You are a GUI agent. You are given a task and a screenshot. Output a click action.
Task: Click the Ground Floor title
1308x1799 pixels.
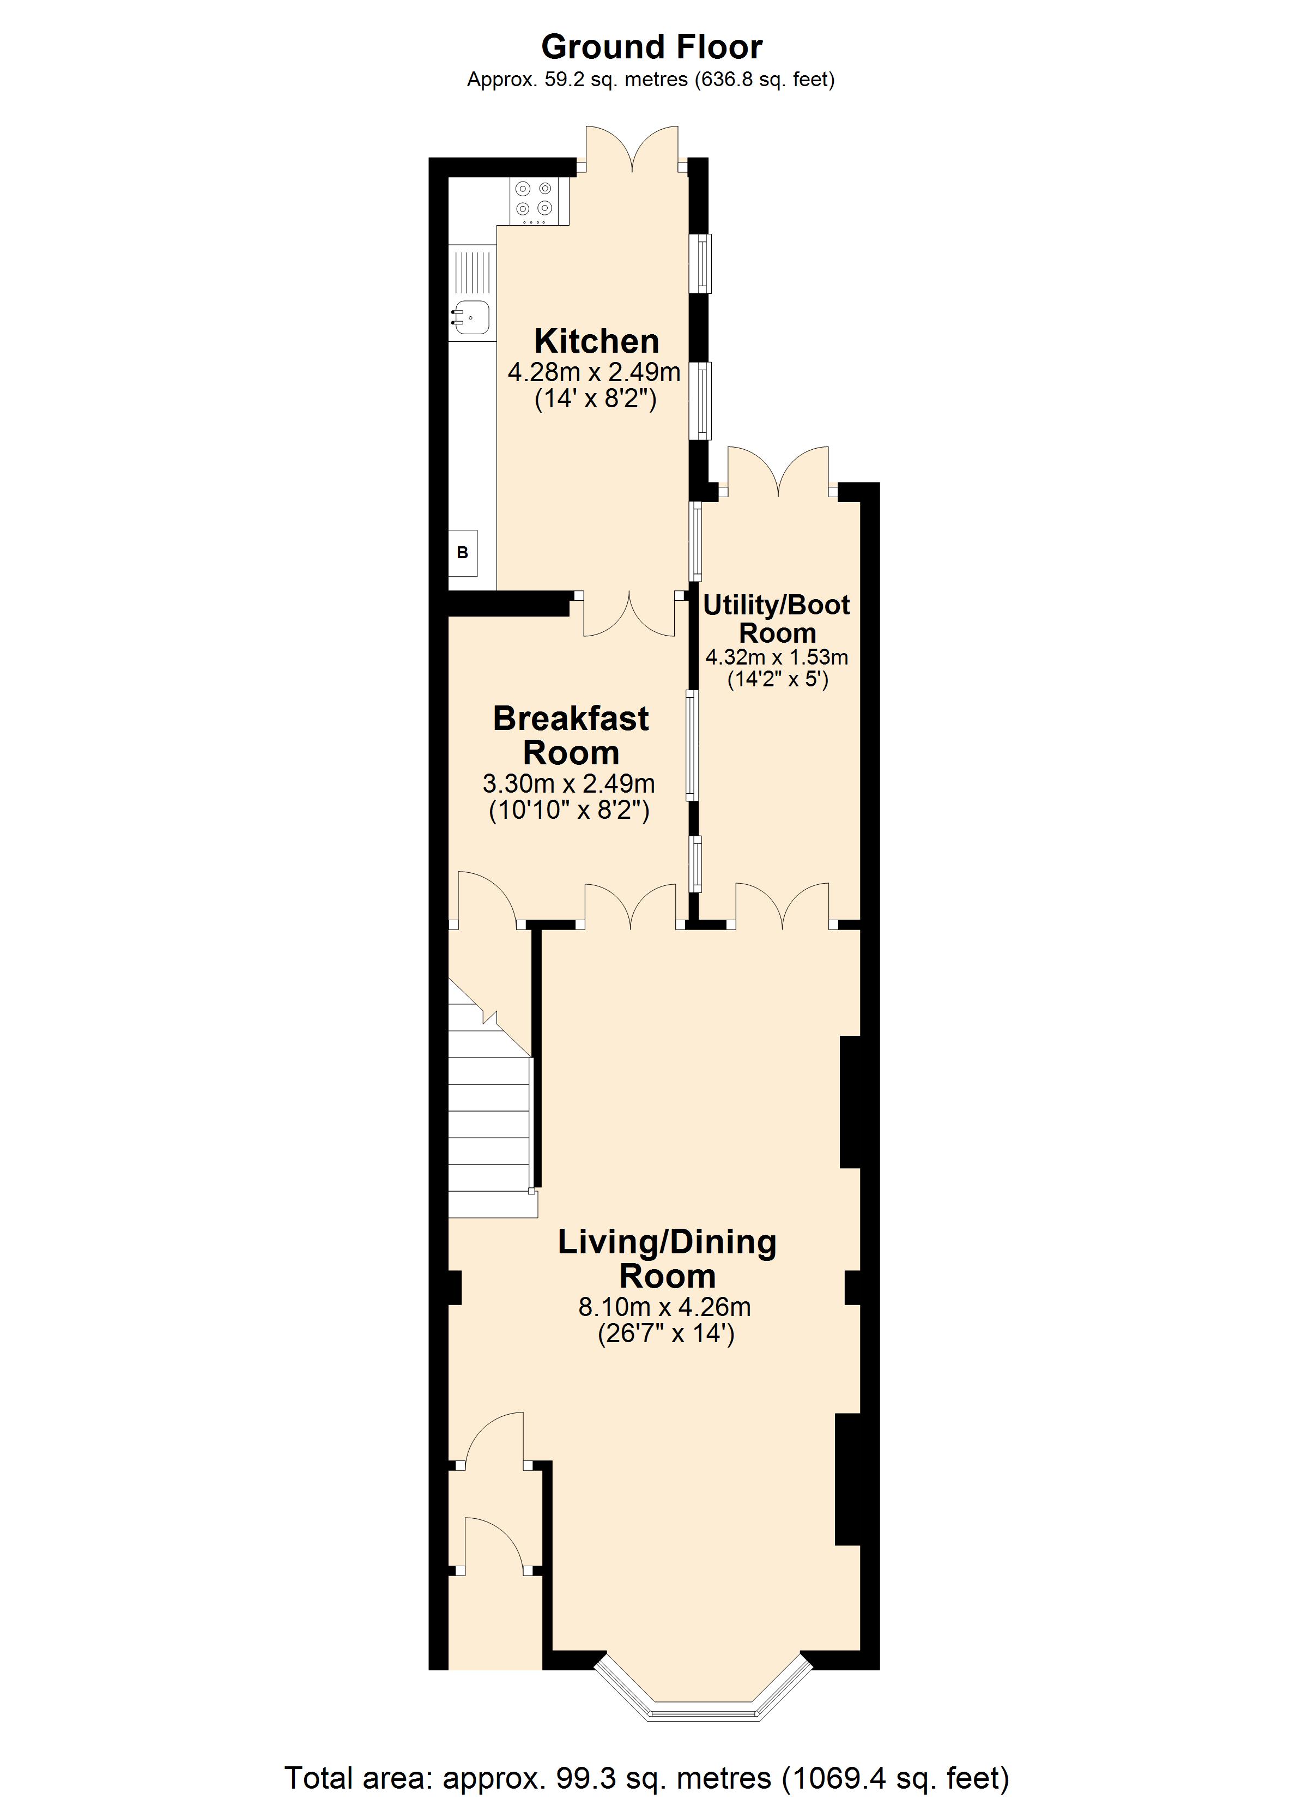[651, 47]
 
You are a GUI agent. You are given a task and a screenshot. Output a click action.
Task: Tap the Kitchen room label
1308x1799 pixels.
[596, 341]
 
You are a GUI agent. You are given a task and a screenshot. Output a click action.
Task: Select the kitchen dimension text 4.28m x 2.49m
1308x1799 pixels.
[594, 371]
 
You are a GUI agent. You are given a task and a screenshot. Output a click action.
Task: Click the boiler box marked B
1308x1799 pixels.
[463, 553]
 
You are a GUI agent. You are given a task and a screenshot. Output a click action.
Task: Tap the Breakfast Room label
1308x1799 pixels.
[571, 735]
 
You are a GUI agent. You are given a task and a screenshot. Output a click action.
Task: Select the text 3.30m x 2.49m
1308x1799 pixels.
[569, 784]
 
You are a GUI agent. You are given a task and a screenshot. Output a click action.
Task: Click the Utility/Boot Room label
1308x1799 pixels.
[777, 619]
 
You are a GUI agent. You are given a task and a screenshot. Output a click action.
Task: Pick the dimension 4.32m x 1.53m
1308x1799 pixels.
[777, 657]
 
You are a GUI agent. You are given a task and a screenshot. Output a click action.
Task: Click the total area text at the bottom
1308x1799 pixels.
[646, 1778]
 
